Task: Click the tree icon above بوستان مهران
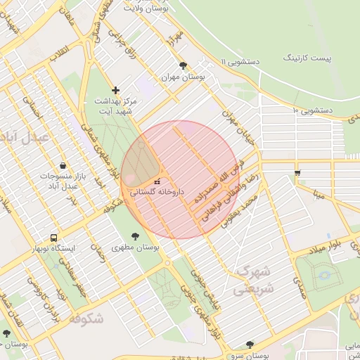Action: pos(184,65)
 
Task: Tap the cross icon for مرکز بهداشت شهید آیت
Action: pos(116,90)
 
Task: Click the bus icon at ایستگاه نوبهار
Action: pos(54,237)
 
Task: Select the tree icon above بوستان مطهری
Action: pos(135,236)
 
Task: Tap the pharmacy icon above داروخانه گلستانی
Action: pos(157,182)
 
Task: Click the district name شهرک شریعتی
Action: pos(252,279)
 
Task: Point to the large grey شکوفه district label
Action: pos(86,319)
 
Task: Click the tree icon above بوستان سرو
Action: pos(250,345)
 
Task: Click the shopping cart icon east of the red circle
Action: pos(297,172)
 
